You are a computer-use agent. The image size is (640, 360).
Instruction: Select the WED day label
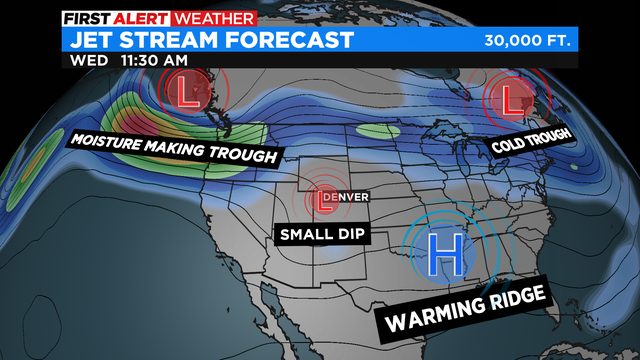point(89,60)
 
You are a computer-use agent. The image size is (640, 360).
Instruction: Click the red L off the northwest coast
point(185,95)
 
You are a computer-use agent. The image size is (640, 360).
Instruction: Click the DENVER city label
point(345,194)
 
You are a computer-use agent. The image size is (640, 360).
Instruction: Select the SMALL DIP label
point(320,235)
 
